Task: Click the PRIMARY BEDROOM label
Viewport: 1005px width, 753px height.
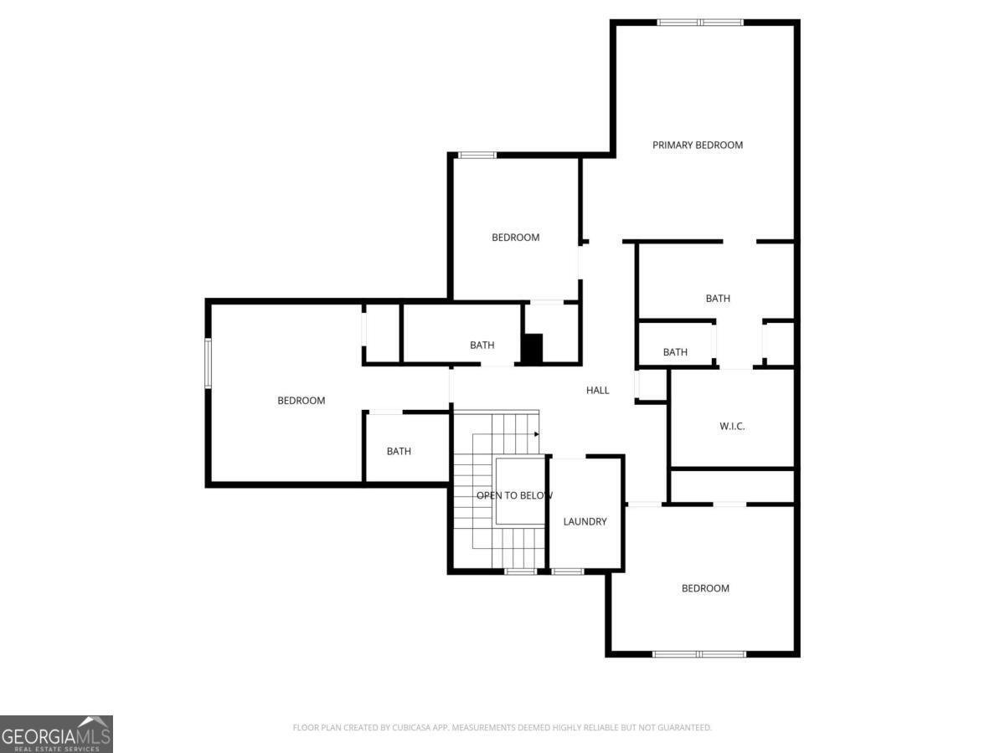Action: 698,145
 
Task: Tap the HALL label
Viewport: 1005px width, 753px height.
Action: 597,390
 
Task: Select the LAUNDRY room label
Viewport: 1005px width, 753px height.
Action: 585,521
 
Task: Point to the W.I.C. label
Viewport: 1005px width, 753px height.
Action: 732,426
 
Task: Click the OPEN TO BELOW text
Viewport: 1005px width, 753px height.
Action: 514,495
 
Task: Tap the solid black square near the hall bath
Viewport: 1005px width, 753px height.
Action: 533,348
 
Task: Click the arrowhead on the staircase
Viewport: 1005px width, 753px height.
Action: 537,434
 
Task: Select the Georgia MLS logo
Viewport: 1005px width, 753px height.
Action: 56,734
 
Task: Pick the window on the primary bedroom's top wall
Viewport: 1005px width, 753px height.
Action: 700,22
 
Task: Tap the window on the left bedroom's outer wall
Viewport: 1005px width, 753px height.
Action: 208,363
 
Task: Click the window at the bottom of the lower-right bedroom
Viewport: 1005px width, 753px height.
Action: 699,654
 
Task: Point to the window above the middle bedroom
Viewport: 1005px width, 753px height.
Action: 477,155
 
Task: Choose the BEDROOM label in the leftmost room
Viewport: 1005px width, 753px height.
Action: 301,401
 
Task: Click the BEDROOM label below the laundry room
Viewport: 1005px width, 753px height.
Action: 705,588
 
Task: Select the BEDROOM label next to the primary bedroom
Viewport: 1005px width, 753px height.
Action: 516,238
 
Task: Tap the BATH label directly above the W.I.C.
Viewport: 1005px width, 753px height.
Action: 675,352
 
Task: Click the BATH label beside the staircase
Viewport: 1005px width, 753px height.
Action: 399,451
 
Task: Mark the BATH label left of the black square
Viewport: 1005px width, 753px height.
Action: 482,346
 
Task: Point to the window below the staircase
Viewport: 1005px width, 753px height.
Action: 521,571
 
